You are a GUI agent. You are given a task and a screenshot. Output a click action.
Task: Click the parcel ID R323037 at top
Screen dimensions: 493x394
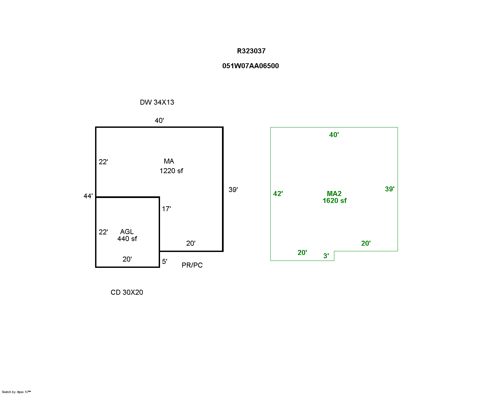coord(251,51)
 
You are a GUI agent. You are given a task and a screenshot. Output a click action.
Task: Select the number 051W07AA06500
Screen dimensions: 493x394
coord(250,66)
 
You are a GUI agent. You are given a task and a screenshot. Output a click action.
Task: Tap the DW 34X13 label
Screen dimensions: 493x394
coord(157,102)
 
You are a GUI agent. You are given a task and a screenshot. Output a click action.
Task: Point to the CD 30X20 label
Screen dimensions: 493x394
coord(127,292)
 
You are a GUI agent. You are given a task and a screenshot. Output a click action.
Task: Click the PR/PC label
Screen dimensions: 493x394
coord(192,265)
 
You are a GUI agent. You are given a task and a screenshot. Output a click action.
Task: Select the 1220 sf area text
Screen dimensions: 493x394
coord(171,171)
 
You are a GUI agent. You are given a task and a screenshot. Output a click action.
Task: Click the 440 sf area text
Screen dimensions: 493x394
coord(127,238)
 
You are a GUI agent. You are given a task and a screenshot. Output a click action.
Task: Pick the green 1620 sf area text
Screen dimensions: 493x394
coord(335,201)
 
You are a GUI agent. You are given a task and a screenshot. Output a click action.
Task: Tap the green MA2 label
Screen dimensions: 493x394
coord(334,193)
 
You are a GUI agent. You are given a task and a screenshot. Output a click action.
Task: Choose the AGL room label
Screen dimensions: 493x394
coord(127,231)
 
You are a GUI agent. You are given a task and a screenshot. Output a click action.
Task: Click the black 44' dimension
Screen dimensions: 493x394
coord(88,196)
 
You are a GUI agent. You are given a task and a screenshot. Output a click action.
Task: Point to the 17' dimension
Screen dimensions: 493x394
coord(166,209)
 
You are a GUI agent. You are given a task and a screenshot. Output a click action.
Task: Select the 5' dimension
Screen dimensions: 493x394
coord(164,261)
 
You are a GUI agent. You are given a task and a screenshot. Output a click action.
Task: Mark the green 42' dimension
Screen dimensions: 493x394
coord(278,194)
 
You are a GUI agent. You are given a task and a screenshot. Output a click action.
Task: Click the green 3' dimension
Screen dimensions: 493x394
coord(326,256)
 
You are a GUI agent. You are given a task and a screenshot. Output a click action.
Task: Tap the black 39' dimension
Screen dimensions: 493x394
coord(233,190)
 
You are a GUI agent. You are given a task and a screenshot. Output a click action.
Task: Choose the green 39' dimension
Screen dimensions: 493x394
coord(390,189)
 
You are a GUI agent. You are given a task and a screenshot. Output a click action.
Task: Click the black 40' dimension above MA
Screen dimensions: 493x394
coord(159,121)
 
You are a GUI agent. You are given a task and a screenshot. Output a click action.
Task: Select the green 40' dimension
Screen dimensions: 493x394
coord(334,135)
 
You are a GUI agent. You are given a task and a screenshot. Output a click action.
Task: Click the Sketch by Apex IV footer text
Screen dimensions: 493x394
coord(16,392)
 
